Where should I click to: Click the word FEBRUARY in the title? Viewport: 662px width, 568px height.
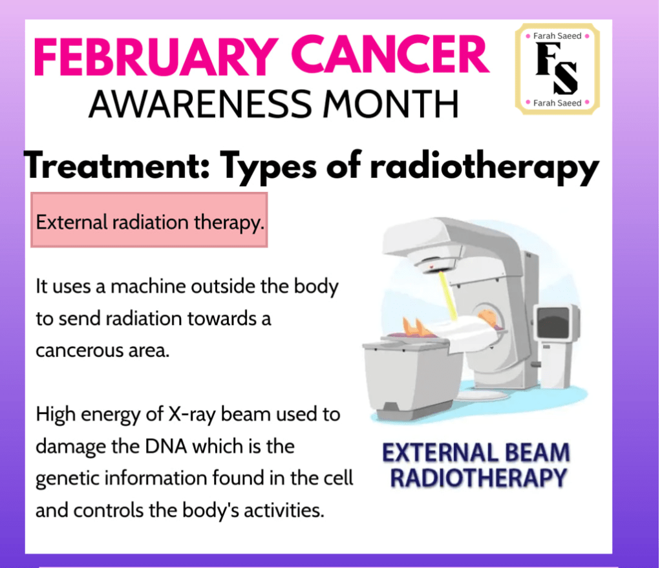[156, 56]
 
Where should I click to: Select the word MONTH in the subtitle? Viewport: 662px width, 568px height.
[391, 104]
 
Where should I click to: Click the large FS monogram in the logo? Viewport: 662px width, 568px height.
[557, 68]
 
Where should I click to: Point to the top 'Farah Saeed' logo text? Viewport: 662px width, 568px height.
[557, 36]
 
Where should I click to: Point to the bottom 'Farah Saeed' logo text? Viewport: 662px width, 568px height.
[557, 103]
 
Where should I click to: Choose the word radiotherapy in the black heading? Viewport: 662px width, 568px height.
[484, 167]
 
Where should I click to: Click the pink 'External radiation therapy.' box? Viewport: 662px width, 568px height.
[149, 220]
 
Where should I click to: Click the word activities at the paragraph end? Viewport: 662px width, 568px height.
[283, 510]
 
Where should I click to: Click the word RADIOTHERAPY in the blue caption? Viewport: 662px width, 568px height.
[478, 478]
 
